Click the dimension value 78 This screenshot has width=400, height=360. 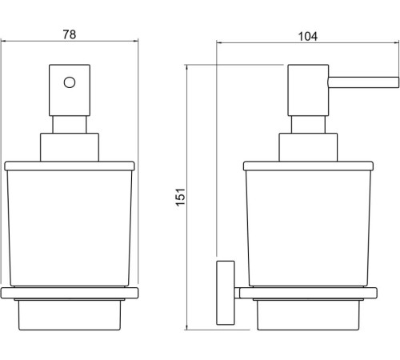70,35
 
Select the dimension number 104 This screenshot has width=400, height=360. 308,36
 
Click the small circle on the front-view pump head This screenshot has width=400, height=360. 70,82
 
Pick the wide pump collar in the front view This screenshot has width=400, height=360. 70,148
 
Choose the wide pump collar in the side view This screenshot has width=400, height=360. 308,148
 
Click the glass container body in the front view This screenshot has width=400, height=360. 70,228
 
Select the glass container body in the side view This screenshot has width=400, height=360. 308,228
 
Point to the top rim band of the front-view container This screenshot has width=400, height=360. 70,166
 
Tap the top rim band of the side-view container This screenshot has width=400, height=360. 308,166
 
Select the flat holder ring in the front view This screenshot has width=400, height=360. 70,293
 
